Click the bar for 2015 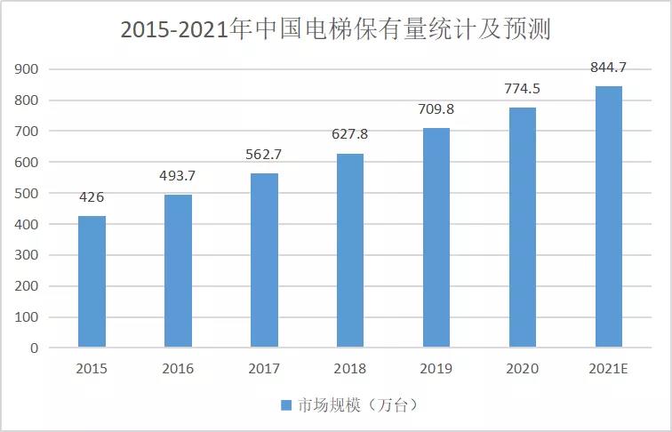[92, 281]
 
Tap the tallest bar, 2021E [608, 216]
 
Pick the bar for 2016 [178, 270]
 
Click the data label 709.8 [436, 110]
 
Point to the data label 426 [92, 196]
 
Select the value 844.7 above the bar [608, 68]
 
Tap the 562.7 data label [264, 156]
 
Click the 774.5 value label [522, 89]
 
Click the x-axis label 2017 [264, 368]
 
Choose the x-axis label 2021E [608, 368]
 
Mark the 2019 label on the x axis [436, 368]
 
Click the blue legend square [286, 405]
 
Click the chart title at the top [336, 30]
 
